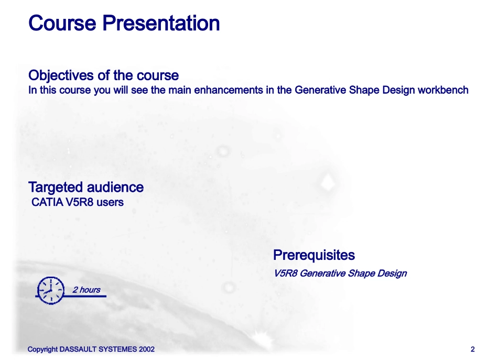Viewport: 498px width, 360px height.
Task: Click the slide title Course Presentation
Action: pyautogui.click(x=124, y=23)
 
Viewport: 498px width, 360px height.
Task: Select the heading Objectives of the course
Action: pyautogui.click(x=104, y=75)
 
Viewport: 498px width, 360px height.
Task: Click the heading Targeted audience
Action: pyautogui.click(x=86, y=187)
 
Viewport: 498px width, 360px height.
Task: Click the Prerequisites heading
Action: pyautogui.click(x=314, y=255)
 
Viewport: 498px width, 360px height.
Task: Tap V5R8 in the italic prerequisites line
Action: pyautogui.click(x=286, y=274)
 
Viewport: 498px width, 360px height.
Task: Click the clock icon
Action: pyautogui.click(x=51, y=290)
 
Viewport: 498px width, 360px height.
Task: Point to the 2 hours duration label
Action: pyautogui.click(x=86, y=290)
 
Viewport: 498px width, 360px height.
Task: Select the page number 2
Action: pyautogui.click(x=473, y=349)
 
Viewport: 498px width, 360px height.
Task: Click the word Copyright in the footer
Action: pyautogui.click(x=42, y=349)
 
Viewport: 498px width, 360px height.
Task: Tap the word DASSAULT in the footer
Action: pyautogui.click(x=78, y=349)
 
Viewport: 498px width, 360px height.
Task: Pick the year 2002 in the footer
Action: pyautogui.click(x=147, y=349)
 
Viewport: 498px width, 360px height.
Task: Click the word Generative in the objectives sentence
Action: pyautogui.click(x=320, y=90)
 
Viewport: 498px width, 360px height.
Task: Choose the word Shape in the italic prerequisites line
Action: pyautogui.click(x=361, y=274)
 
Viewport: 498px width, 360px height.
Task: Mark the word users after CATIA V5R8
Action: pyautogui.click(x=110, y=202)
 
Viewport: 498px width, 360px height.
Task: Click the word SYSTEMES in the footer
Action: pyautogui.click(x=118, y=349)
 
